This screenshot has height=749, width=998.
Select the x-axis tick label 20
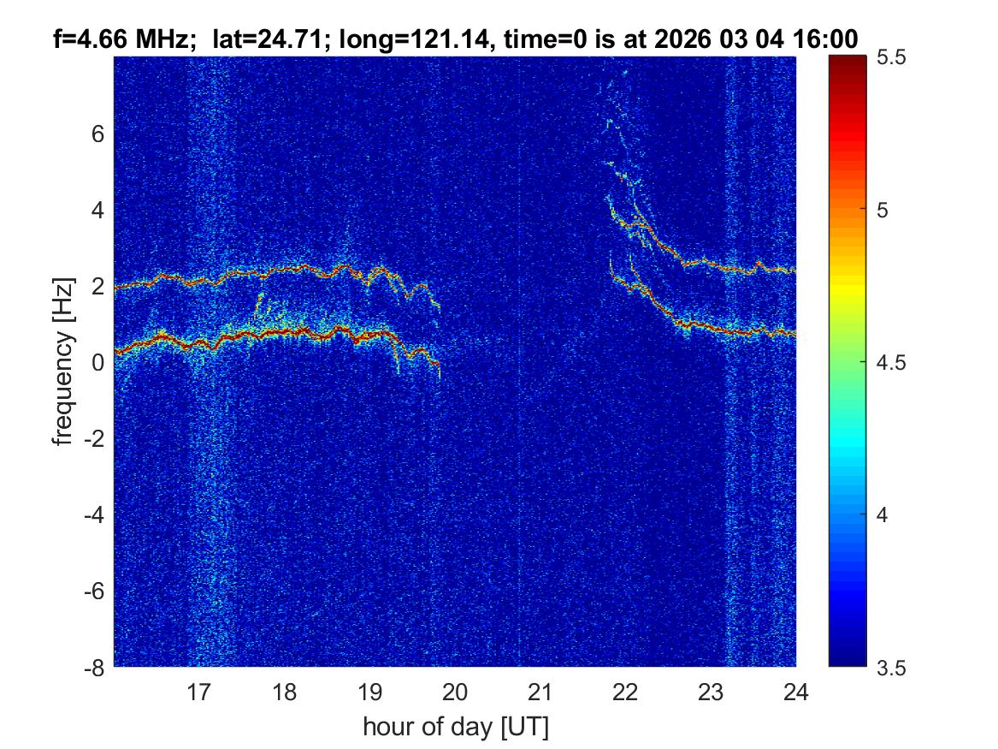click(455, 692)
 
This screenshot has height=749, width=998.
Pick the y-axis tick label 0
click(99, 362)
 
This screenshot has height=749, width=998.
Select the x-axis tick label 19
click(369, 692)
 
